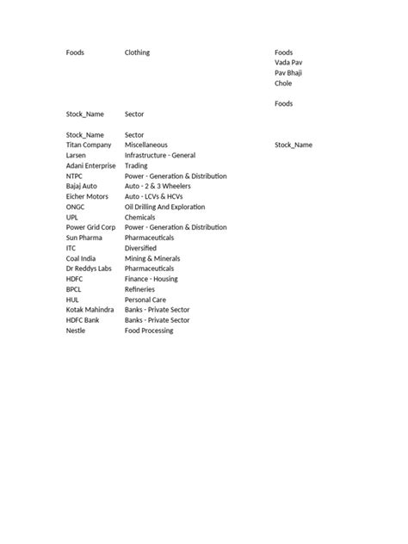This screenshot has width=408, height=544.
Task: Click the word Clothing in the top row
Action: click(137, 53)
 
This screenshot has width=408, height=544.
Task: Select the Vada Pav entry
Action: click(288, 63)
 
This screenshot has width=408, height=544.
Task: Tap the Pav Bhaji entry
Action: click(288, 73)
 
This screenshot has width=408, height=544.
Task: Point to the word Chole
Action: click(283, 83)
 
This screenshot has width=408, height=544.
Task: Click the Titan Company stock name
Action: click(89, 145)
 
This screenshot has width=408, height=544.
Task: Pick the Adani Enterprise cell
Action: click(90, 165)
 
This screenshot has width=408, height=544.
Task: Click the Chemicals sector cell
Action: click(140, 217)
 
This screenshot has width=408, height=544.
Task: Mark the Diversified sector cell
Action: click(141, 248)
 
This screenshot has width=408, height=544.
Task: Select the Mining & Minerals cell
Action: click(153, 258)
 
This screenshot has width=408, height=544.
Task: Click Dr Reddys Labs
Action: click(89, 269)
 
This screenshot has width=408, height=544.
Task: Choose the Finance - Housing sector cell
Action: click(151, 279)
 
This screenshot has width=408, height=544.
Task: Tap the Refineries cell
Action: click(140, 289)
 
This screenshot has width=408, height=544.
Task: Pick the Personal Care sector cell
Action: click(145, 300)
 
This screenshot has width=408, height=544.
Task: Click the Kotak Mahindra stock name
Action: click(90, 310)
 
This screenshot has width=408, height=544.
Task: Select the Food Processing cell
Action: click(149, 331)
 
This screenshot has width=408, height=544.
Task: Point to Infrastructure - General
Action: click(160, 155)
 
